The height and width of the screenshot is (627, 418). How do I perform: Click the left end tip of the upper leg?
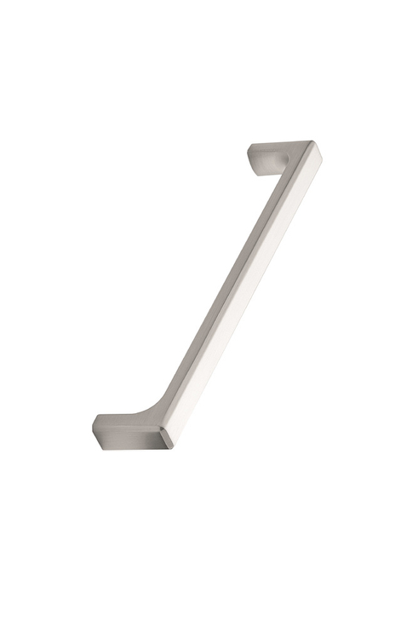(x=250, y=154)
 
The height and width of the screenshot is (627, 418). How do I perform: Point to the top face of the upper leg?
(x=281, y=147)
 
